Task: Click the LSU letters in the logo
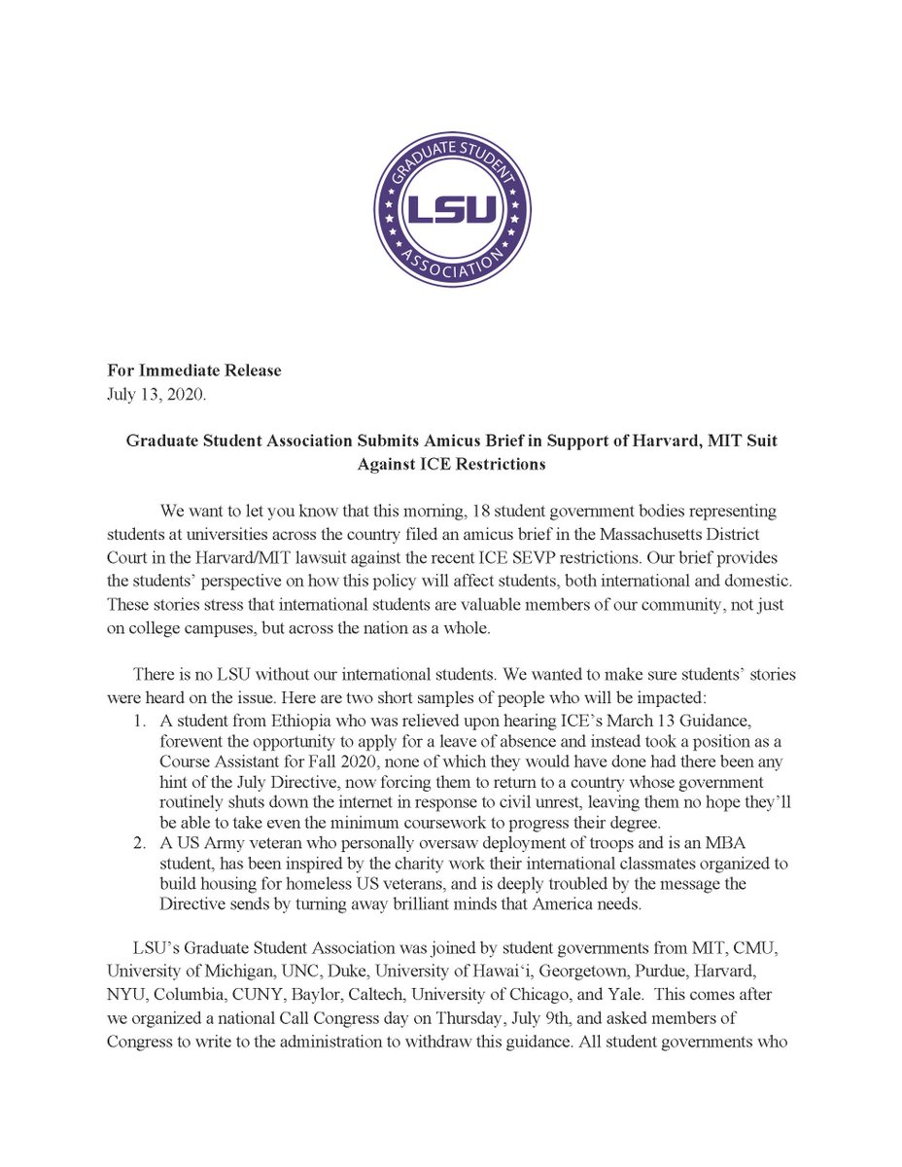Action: [x=451, y=210]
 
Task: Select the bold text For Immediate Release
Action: [x=193, y=371]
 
